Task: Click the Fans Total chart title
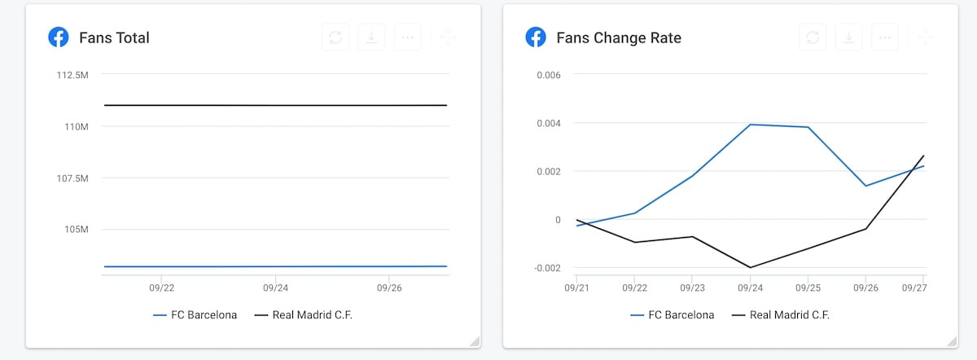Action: click(114, 37)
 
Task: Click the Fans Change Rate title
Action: click(618, 37)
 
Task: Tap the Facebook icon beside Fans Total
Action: click(58, 37)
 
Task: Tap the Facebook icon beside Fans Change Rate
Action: click(535, 37)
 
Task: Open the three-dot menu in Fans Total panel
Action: click(407, 37)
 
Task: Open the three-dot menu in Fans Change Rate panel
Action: click(884, 37)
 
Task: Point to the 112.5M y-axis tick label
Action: click(72, 75)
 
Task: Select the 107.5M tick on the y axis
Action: click(72, 178)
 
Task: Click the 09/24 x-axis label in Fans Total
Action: click(275, 288)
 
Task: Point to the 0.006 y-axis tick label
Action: click(549, 75)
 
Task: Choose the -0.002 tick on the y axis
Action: click(547, 268)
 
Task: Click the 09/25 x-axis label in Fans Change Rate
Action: click(808, 288)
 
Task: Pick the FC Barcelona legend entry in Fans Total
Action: click(195, 315)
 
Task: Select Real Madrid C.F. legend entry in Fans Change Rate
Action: click(781, 315)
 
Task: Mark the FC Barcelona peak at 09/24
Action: click(750, 125)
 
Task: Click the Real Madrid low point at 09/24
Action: click(750, 267)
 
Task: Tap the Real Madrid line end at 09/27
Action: click(923, 156)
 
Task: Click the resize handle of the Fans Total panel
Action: click(475, 341)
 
